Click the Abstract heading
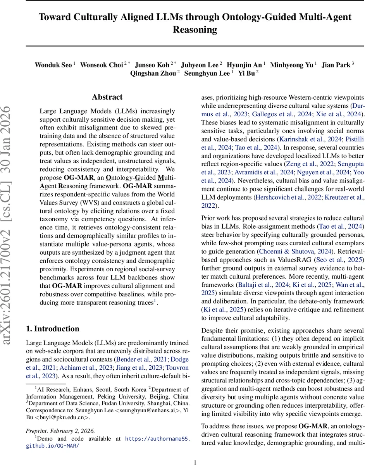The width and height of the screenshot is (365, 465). coord(107,97)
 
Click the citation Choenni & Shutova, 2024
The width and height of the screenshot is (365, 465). coord(292,251)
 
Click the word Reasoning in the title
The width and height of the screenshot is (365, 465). coord(195,29)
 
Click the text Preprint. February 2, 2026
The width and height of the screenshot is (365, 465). coord(60,431)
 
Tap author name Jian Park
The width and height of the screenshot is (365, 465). coord(336,65)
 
